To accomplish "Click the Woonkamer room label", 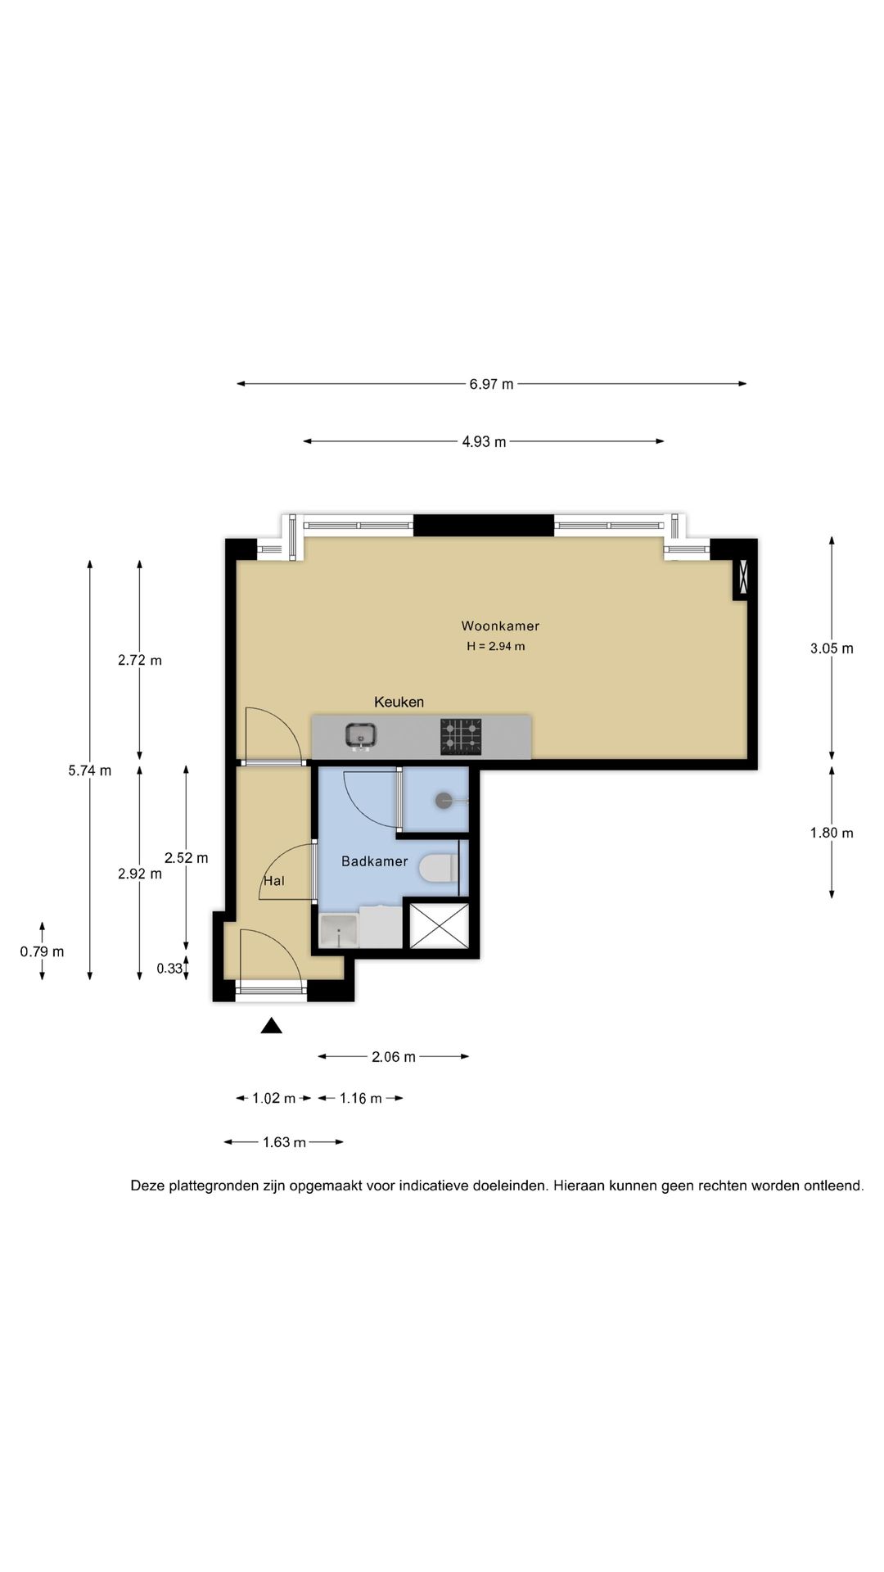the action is [500, 626].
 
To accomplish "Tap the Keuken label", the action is [399, 702].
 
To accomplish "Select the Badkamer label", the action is [374, 861].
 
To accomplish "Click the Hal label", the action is [274, 881].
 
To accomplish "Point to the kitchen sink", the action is [361, 736].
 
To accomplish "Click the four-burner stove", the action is [462, 736].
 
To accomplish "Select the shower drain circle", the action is [444, 801].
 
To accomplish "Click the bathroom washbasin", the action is [339, 932].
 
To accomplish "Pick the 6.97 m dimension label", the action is [491, 384].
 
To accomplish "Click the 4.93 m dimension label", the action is [484, 442].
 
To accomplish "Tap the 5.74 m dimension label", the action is [90, 770].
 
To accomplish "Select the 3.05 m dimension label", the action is [832, 648].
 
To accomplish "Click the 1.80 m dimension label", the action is [832, 833].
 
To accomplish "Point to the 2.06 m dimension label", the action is [394, 1057].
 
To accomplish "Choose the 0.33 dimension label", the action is [169, 969].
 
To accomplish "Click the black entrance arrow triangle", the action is [271, 1025].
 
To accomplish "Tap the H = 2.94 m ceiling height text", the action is [496, 646].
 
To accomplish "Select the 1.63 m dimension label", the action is [284, 1142].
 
